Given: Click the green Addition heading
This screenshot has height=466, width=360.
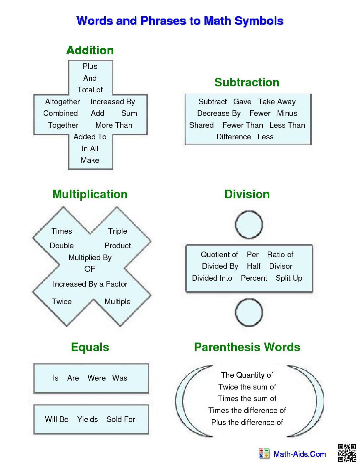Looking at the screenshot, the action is coord(90,50).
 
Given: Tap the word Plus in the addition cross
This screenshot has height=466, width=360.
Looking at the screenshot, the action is coord(90,66).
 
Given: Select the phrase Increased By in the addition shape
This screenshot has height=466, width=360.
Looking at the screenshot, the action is coord(113,102).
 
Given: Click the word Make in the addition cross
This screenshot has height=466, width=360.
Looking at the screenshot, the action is coord(90,160).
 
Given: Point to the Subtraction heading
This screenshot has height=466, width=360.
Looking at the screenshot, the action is coord(247,82).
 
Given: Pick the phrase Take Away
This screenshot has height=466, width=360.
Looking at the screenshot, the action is coord(277,102).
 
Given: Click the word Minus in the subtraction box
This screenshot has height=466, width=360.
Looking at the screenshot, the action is coord(287,113).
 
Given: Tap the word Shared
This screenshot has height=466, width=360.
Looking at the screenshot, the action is coord(201,125).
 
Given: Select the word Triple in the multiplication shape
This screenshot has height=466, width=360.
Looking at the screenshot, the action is coord(117,231).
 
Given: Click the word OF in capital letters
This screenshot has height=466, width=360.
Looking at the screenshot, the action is coord(90,269).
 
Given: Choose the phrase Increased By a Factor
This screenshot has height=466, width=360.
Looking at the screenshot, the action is coord(90,284).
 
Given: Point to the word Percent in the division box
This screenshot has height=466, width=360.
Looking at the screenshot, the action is coord(254,278).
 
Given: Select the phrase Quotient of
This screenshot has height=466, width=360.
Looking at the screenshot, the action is coord(219,255).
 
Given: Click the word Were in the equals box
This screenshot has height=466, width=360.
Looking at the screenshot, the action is coord(97,378).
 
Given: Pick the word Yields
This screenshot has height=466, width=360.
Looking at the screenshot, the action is coord(87,419).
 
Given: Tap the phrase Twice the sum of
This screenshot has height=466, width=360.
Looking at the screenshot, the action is coord(247,387).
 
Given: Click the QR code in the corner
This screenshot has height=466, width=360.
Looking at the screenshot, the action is coord(347,453).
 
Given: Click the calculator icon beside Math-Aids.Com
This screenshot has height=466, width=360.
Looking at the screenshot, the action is coord(264,453).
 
